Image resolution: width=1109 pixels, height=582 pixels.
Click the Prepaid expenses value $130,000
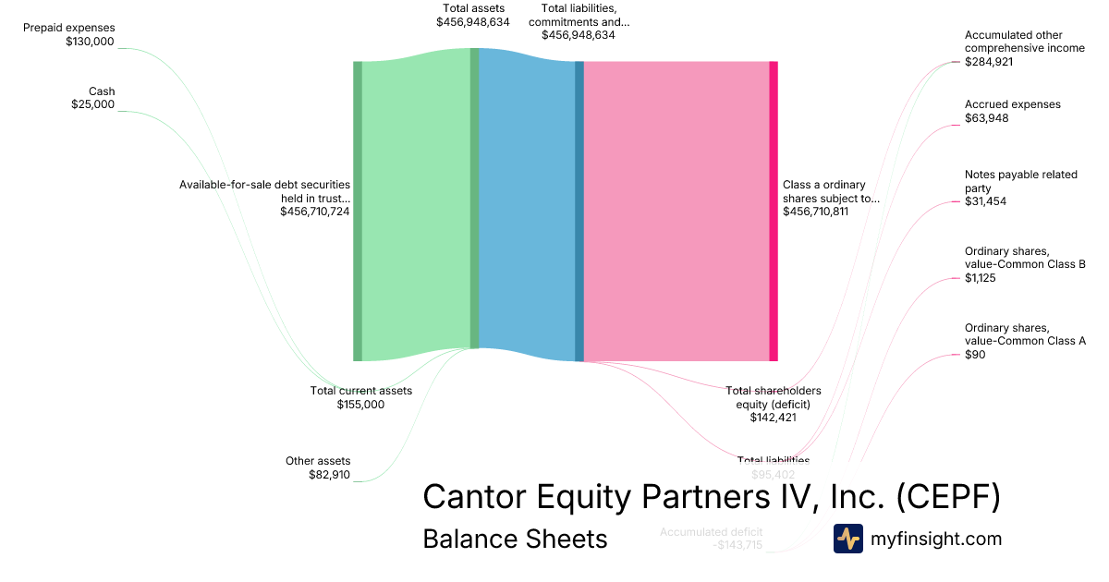(x=90, y=42)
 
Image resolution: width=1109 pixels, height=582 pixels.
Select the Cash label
(x=102, y=91)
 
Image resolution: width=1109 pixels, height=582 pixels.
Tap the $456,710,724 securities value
(x=314, y=212)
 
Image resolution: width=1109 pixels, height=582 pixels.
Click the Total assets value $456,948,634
(x=473, y=21)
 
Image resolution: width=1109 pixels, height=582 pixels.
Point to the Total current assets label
(x=360, y=391)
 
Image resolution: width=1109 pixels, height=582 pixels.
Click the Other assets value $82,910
(x=329, y=475)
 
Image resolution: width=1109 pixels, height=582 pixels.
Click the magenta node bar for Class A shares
(x=774, y=211)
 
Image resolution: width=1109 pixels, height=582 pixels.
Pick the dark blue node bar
(x=579, y=211)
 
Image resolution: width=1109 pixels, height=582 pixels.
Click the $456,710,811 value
(x=815, y=212)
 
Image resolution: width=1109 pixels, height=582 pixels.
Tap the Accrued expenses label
(x=1012, y=104)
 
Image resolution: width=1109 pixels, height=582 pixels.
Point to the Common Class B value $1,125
(x=980, y=277)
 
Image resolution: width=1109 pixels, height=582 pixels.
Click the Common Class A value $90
(x=975, y=354)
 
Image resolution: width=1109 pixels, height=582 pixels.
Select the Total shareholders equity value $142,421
(x=773, y=418)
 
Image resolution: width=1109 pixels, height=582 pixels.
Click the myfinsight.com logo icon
(x=847, y=539)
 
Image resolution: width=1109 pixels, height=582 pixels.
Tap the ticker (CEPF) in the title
(x=948, y=497)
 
